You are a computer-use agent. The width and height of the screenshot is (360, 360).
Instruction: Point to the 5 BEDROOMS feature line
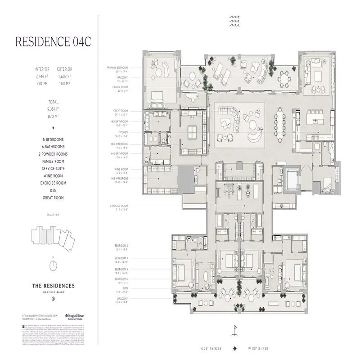tap(53, 140)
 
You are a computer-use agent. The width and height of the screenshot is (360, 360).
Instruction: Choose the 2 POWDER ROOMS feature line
tap(53, 153)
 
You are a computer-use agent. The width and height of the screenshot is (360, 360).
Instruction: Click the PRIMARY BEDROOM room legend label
tap(117, 67)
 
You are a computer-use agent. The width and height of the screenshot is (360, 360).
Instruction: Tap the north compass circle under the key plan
tap(53, 265)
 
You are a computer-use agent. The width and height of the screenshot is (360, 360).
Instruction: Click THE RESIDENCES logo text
tap(53, 285)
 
